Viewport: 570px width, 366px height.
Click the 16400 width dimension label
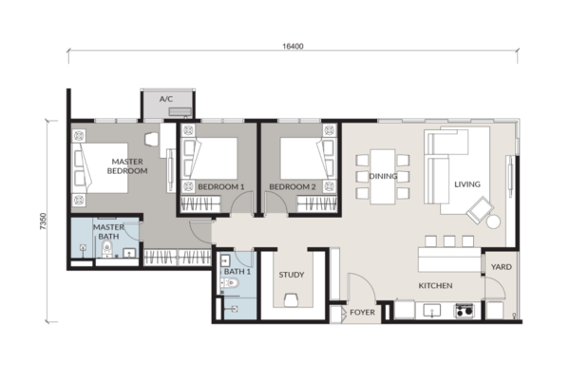(x=293, y=47)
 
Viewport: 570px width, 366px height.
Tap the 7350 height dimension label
(x=44, y=222)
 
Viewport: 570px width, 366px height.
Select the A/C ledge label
(x=166, y=99)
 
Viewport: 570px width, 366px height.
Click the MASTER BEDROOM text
(x=127, y=166)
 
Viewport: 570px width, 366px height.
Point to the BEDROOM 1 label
(x=221, y=187)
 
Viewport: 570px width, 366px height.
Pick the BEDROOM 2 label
(x=293, y=187)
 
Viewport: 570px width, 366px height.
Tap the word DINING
(x=383, y=176)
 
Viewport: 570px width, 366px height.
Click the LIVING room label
(x=467, y=184)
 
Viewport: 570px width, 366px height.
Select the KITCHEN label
(x=435, y=286)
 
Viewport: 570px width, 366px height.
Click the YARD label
(x=502, y=267)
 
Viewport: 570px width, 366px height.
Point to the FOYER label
(x=363, y=313)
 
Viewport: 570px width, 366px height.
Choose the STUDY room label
(x=292, y=275)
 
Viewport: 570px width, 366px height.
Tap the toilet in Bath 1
(x=230, y=282)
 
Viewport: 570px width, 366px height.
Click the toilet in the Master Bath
(x=106, y=248)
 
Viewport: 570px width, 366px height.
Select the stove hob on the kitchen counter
(x=465, y=311)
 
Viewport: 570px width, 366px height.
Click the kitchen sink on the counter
(x=432, y=310)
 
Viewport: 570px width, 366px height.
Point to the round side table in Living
(x=493, y=222)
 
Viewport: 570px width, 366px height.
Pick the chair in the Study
(x=292, y=300)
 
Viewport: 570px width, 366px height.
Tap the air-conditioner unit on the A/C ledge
(x=180, y=111)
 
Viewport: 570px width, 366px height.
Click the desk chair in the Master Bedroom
(x=152, y=139)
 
